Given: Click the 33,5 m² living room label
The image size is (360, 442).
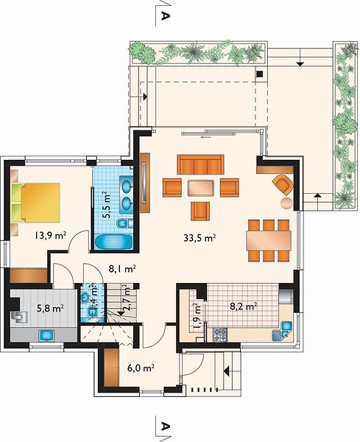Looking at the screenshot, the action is click(200, 238).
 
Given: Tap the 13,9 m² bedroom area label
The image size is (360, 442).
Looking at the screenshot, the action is click(51, 235).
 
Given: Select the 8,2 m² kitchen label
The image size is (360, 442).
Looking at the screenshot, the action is click(244, 306).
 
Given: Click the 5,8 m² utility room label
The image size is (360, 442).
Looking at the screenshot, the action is click(50, 309).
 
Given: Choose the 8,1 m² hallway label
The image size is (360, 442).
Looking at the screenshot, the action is click(122, 269).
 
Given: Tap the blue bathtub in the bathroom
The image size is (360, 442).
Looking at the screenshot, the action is click(113, 242).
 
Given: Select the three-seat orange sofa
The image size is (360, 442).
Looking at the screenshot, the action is click(200, 164).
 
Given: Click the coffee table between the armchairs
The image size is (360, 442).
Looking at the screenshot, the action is click(200, 188).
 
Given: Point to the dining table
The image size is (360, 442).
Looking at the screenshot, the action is click(269, 240).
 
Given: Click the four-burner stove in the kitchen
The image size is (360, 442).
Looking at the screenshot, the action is click(219, 334).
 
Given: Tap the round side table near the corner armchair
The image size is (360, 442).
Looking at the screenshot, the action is click(287, 203).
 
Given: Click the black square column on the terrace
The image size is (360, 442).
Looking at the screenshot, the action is click(259, 74).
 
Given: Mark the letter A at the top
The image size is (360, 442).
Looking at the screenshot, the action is click(166, 15).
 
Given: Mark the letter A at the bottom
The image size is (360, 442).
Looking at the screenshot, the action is click(166, 427).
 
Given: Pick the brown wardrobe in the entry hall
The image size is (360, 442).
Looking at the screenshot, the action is click(111, 368).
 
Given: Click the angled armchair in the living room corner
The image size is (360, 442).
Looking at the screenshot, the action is click(283, 184).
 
